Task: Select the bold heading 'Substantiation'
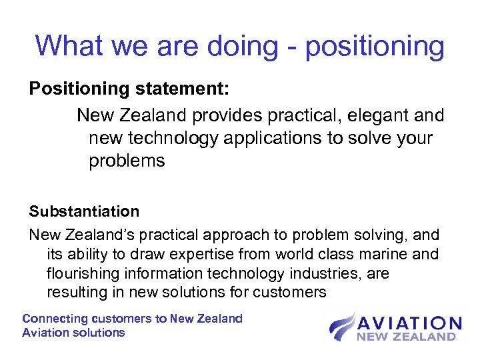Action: [x=84, y=212]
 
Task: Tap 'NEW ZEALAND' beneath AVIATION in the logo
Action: [x=406, y=337]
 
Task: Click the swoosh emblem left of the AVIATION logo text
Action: [x=341, y=327]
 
